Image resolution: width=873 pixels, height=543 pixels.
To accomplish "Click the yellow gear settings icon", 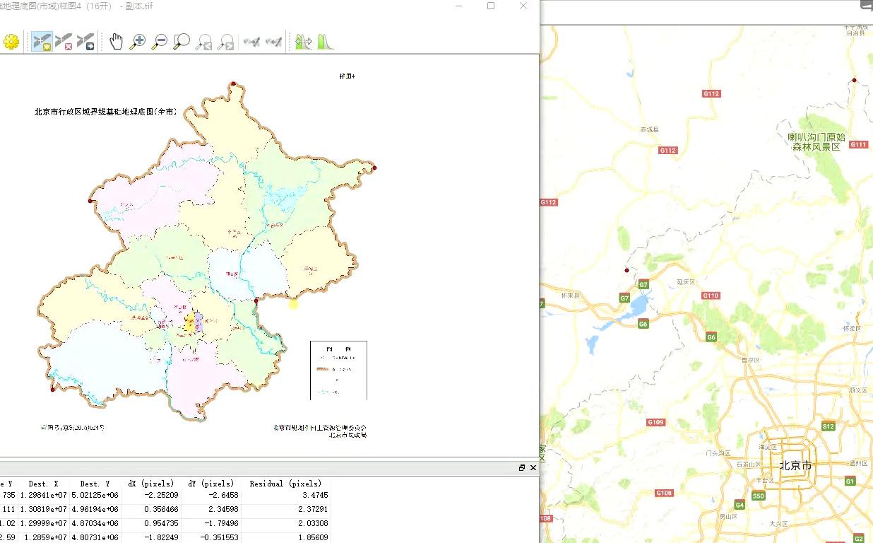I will (x=11, y=42).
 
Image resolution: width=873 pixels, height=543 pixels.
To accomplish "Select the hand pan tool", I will (x=116, y=42).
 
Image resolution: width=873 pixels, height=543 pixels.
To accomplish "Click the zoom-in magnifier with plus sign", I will (x=138, y=42).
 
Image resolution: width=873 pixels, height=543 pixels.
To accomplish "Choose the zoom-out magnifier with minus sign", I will (x=160, y=42).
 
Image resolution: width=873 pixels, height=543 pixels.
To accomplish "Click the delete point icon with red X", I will (x=64, y=42).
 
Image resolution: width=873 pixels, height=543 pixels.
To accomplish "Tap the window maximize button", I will (x=491, y=6).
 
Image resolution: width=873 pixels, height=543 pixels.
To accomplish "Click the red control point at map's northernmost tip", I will (x=232, y=84).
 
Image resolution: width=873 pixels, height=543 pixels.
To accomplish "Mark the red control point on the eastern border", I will (x=374, y=168).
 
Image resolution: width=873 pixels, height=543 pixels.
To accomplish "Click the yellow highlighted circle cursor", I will (x=294, y=303).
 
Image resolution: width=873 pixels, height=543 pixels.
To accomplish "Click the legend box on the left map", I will (x=338, y=370).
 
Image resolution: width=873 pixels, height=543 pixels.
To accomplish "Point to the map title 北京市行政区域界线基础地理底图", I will (x=106, y=112).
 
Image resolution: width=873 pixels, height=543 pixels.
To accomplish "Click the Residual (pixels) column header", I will (x=285, y=484).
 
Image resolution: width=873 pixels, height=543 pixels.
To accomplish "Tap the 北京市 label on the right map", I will (x=795, y=466).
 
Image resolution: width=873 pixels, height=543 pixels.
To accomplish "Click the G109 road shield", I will (x=655, y=422).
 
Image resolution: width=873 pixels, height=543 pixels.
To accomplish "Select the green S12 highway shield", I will (x=828, y=426).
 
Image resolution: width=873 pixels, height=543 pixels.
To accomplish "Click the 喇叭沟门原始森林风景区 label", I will (x=816, y=142).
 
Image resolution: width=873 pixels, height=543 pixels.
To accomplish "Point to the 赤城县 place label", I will (x=648, y=130).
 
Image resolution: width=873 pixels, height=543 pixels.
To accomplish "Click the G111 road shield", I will (x=858, y=144).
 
